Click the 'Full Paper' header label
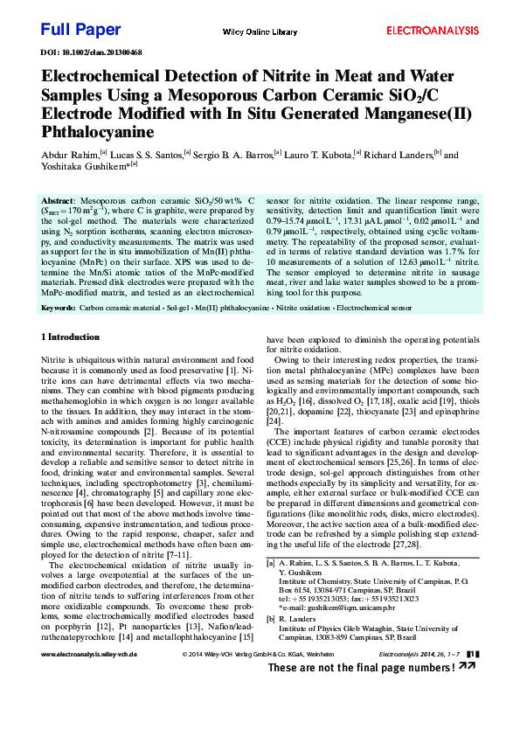[80, 30]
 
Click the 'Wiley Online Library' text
[260, 31]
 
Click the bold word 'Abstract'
[58, 200]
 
